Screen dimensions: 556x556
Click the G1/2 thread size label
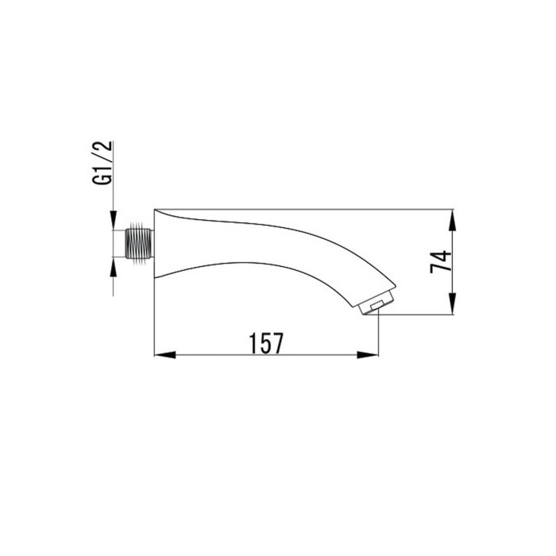point(102,163)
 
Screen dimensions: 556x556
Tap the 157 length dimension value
point(266,343)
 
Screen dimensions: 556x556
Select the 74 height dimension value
point(441,261)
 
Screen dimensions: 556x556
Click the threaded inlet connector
point(139,244)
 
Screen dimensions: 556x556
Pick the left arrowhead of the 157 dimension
point(165,354)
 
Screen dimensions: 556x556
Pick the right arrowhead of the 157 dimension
point(368,354)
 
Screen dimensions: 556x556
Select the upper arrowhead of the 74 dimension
point(453,220)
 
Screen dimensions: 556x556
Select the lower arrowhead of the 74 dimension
point(453,304)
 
